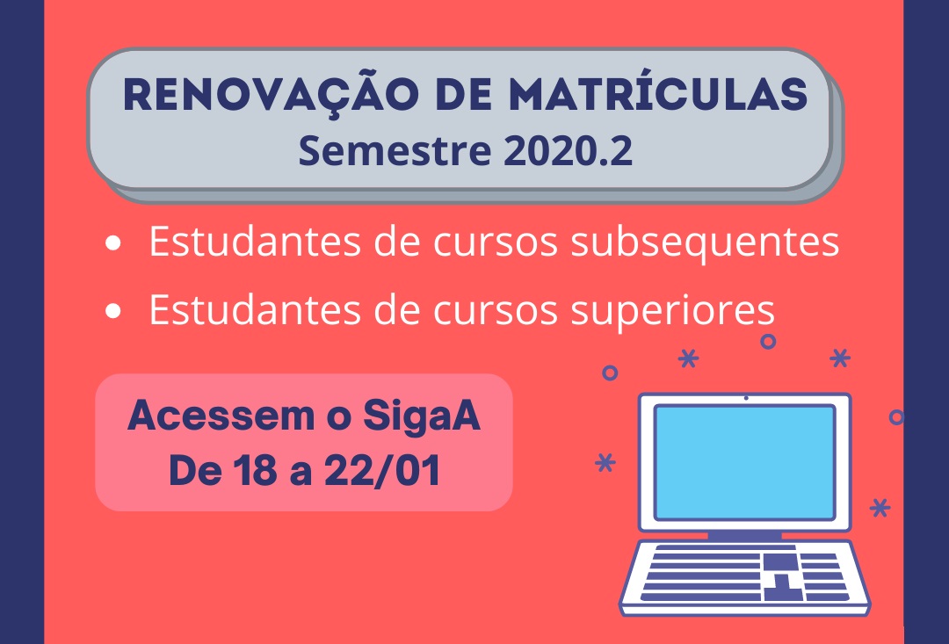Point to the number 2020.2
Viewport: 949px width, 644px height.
[x=569, y=151]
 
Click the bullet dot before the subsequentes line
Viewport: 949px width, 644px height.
[x=112, y=243]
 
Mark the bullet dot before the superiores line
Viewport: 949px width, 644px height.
[x=112, y=311]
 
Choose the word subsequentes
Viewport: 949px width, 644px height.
[x=705, y=243]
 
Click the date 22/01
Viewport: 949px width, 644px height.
[x=382, y=470]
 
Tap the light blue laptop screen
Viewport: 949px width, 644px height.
[x=745, y=462]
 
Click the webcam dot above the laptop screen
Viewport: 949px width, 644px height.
[x=746, y=398]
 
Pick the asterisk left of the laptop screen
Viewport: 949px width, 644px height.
[x=605, y=462]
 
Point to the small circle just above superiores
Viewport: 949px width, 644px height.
[x=768, y=342]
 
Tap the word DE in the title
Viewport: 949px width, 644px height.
[x=464, y=95]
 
